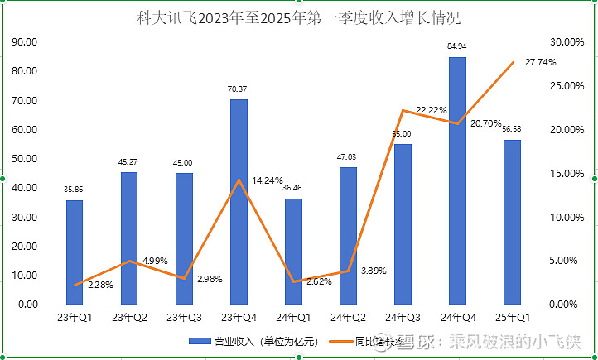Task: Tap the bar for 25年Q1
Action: (512, 222)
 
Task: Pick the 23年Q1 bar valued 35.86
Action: (75, 252)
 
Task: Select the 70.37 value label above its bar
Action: (239, 89)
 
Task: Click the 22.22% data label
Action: (432, 110)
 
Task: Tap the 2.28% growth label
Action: (100, 286)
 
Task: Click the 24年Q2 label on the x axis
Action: (348, 317)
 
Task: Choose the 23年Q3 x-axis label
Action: (184, 317)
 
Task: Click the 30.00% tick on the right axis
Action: (567, 42)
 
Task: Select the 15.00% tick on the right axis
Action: (567, 173)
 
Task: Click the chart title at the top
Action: (298, 17)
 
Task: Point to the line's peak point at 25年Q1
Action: (513, 62)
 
